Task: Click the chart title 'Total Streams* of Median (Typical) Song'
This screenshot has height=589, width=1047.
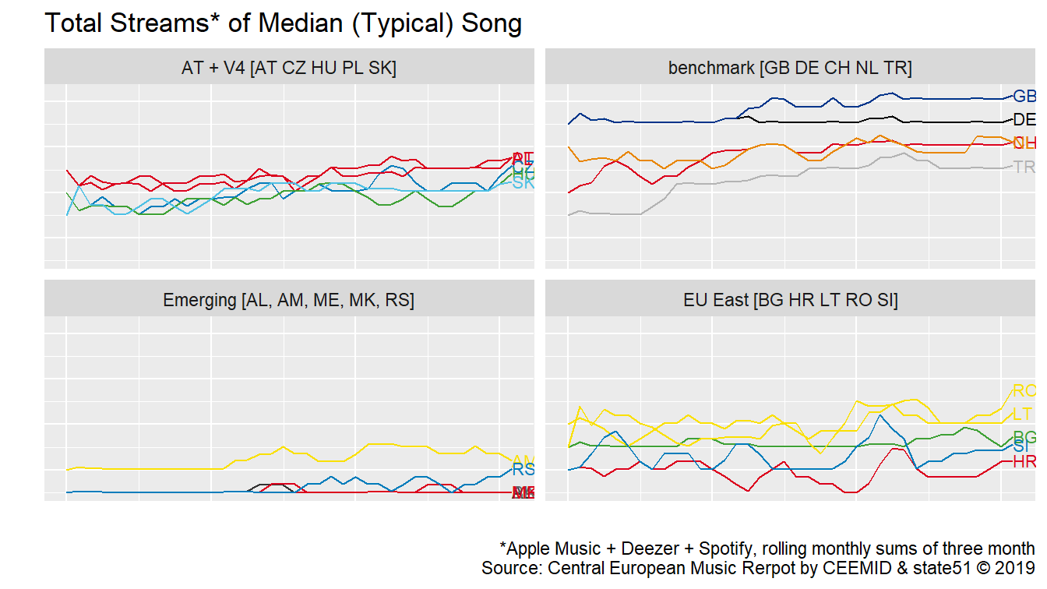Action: (283, 23)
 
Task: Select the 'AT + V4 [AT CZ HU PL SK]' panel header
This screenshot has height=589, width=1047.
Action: (289, 69)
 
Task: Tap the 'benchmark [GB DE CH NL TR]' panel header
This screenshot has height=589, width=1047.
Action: (789, 69)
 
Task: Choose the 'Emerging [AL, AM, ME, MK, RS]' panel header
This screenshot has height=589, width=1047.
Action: (289, 300)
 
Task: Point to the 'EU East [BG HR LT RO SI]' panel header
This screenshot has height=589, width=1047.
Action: (789, 300)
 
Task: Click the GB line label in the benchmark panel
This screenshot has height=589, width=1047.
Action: (1024, 97)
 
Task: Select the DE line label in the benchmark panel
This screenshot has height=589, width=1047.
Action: (1024, 120)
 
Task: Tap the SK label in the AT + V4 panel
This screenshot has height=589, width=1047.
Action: (523, 184)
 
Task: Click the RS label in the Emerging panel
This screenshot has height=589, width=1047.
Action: (523, 470)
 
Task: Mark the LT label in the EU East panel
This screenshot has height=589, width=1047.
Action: (1023, 414)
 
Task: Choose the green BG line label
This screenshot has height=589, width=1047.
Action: (1024, 436)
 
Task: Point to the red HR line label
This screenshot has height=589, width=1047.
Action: (1024, 462)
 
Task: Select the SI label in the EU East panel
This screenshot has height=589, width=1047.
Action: (1021, 448)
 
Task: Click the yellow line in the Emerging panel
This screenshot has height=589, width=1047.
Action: (156, 468)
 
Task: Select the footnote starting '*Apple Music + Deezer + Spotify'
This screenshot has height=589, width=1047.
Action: (767, 548)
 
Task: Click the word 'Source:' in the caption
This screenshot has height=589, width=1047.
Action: (513, 568)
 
